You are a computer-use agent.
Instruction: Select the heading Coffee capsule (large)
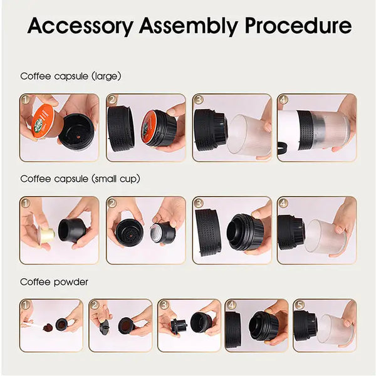[71, 76]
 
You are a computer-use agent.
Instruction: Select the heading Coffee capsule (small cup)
[80, 179]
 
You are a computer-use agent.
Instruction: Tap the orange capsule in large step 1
[43, 122]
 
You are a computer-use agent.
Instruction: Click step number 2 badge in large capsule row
[113, 100]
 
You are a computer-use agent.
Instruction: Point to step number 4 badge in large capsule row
[283, 100]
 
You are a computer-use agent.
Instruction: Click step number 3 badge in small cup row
[198, 202]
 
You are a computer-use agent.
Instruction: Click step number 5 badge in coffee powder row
[299, 305]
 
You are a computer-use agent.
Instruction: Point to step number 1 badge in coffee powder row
[26, 305]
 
